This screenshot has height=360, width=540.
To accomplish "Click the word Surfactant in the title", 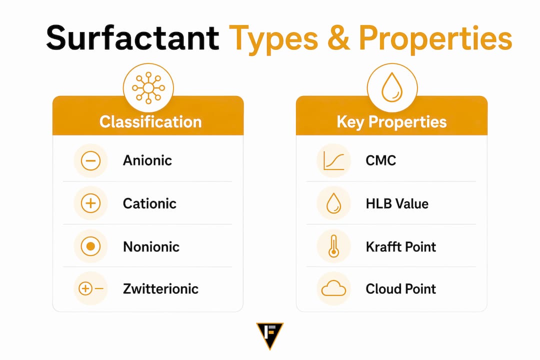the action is [x=132, y=38].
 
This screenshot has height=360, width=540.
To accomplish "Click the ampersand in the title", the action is [x=338, y=38].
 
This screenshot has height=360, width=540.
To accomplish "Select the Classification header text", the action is [x=150, y=122].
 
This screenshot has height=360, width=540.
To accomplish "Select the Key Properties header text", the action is [x=391, y=122].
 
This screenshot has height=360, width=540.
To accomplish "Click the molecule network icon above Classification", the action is [x=148, y=88].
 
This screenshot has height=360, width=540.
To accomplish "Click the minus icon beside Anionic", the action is [x=90, y=161].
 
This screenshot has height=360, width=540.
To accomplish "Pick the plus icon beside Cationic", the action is [x=90, y=203].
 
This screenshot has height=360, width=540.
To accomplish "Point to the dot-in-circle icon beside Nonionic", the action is [x=90, y=246].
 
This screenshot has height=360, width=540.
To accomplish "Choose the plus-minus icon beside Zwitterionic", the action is [x=91, y=288].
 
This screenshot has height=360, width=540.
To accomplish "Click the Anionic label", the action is [x=147, y=160].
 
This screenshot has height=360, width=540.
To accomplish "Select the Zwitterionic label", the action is [x=160, y=288].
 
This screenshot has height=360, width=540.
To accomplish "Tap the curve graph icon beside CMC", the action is [x=333, y=161].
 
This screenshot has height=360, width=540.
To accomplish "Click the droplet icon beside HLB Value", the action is [x=333, y=203].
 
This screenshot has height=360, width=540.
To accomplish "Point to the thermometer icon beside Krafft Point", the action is [x=333, y=246].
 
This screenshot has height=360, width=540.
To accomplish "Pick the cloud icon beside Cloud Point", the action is [x=333, y=288].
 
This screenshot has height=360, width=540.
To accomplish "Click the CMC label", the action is [x=380, y=160].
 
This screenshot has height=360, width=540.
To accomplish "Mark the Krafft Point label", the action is [x=401, y=246].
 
